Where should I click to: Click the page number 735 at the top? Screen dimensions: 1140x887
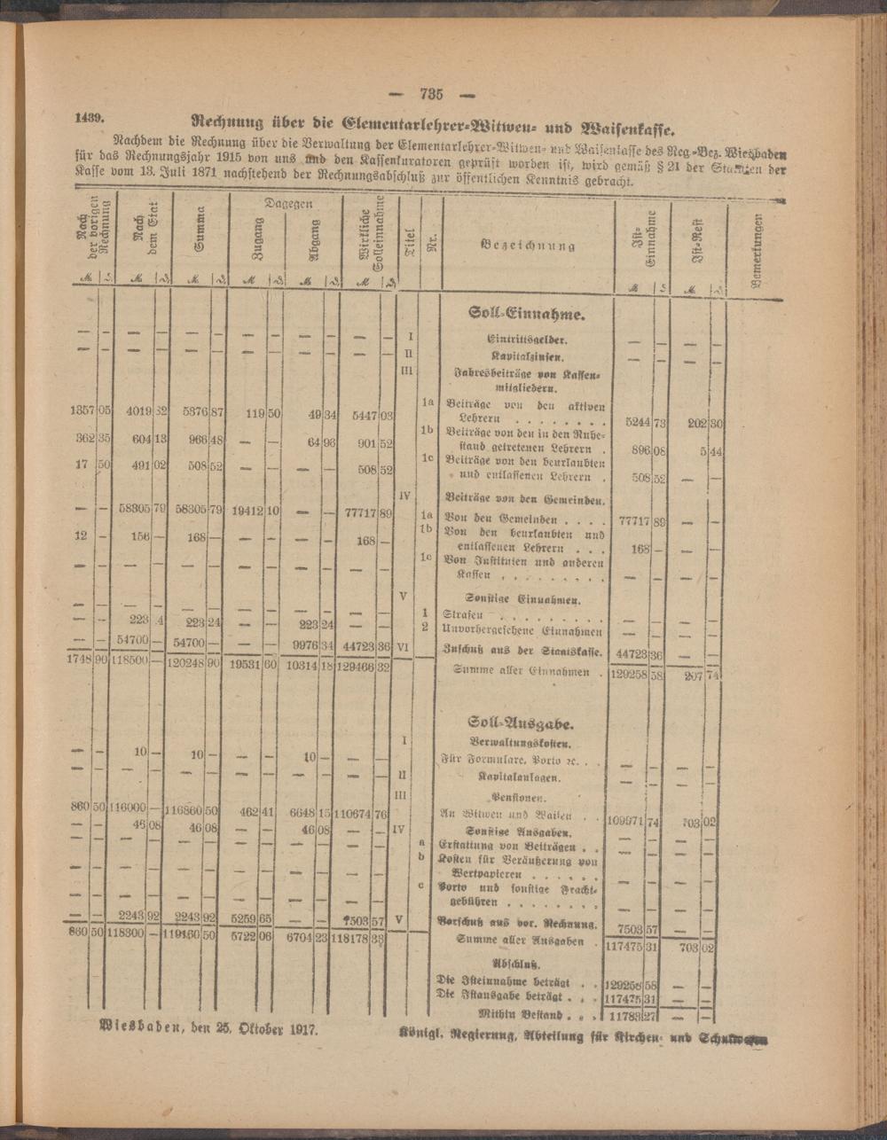(431, 95)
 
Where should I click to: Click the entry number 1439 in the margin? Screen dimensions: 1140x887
(90, 117)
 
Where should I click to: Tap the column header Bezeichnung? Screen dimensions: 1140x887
(529, 245)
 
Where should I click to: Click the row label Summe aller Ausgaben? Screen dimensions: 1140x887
(520, 941)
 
